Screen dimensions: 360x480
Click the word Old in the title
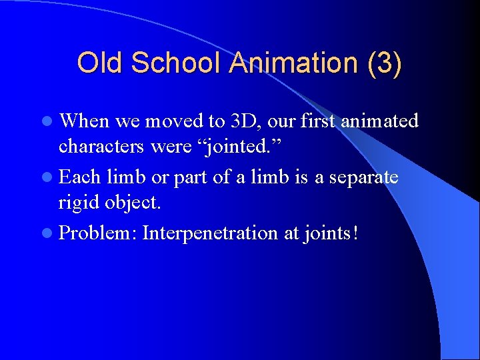click(x=101, y=63)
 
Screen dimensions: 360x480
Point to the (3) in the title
click(x=383, y=63)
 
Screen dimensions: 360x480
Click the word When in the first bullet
click(x=85, y=121)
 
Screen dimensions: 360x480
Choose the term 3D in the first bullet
click(x=246, y=121)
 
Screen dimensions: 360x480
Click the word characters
click(x=102, y=146)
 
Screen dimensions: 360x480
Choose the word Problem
click(x=98, y=233)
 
